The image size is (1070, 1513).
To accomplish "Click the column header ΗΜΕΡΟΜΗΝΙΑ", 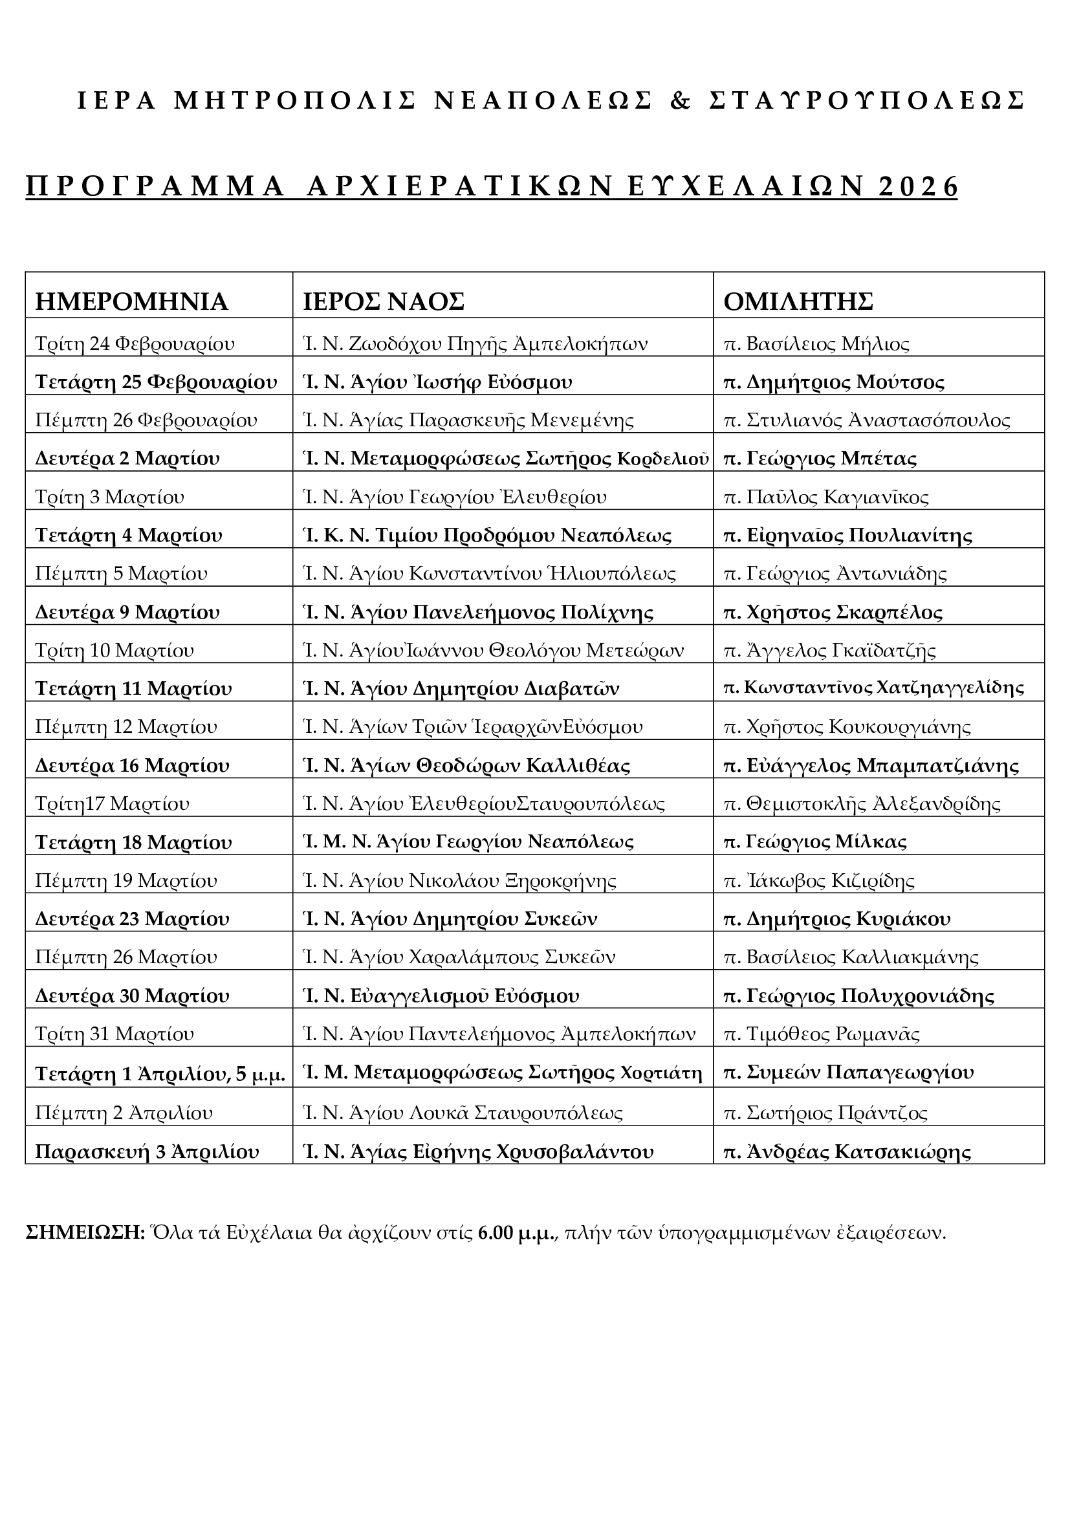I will [131, 301].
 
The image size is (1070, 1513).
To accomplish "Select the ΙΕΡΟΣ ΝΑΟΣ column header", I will [384, 301].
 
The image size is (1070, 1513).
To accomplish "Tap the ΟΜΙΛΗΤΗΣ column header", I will [798, 301].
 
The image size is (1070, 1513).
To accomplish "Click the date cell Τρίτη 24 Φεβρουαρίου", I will [135, 344].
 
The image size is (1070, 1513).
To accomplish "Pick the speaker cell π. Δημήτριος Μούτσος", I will [833, 382].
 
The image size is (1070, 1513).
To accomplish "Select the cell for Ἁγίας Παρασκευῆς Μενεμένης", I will [468, 420].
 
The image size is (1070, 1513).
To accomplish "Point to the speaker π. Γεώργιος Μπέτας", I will [820, 459].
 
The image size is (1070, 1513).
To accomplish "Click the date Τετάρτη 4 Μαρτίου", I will [129, 535].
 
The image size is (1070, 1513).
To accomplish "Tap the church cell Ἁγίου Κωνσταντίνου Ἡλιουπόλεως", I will [489, 573].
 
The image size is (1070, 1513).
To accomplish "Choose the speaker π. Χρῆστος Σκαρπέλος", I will [833, 612].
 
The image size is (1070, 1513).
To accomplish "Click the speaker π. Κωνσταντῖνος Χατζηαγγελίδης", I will [873, 689].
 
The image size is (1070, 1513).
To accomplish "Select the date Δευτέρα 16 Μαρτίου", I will [133, 766].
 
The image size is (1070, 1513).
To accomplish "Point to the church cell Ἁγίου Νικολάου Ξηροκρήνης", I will [460, 880].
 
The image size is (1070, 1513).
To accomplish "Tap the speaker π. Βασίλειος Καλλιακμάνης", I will [851, 957].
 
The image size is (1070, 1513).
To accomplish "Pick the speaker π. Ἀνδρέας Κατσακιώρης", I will [847, 1152].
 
